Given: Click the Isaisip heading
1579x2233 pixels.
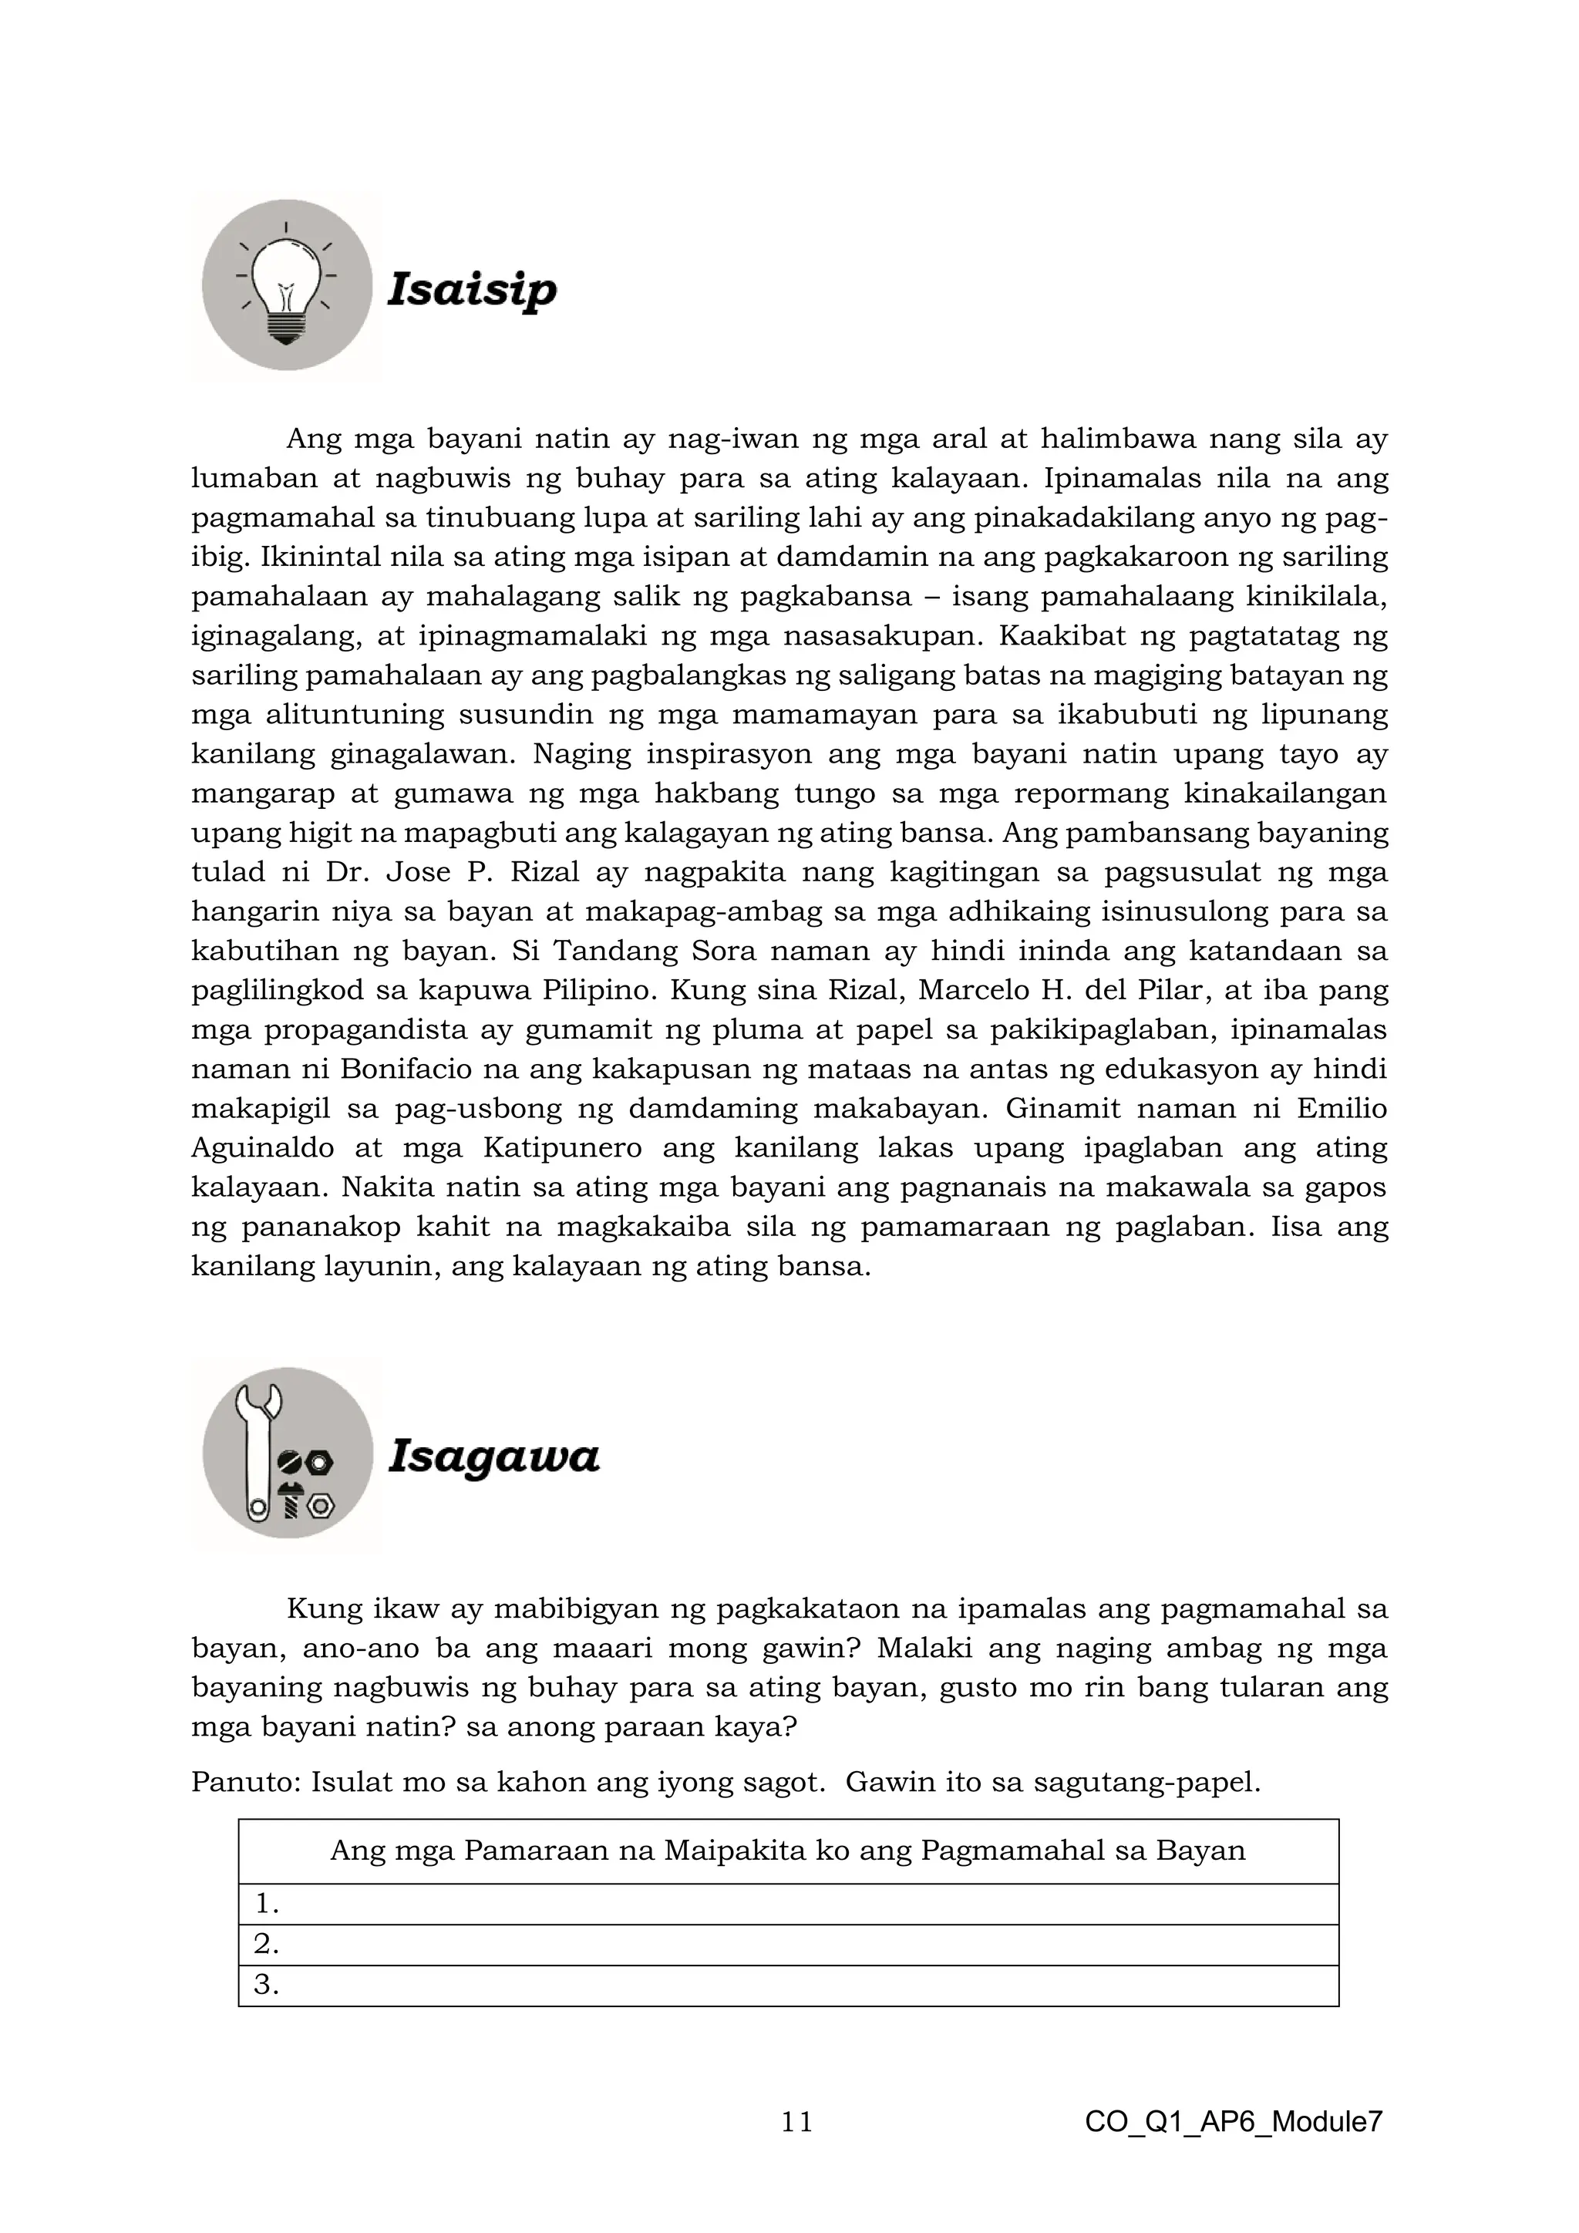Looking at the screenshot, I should [473, 289].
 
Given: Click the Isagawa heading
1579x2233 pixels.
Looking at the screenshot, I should [494, 1456].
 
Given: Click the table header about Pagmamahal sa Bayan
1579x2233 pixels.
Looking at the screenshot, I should [787, 1850].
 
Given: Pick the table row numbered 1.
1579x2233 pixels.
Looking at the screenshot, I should [787, 1905].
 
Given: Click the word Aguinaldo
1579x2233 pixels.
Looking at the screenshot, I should [261, 1147].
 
